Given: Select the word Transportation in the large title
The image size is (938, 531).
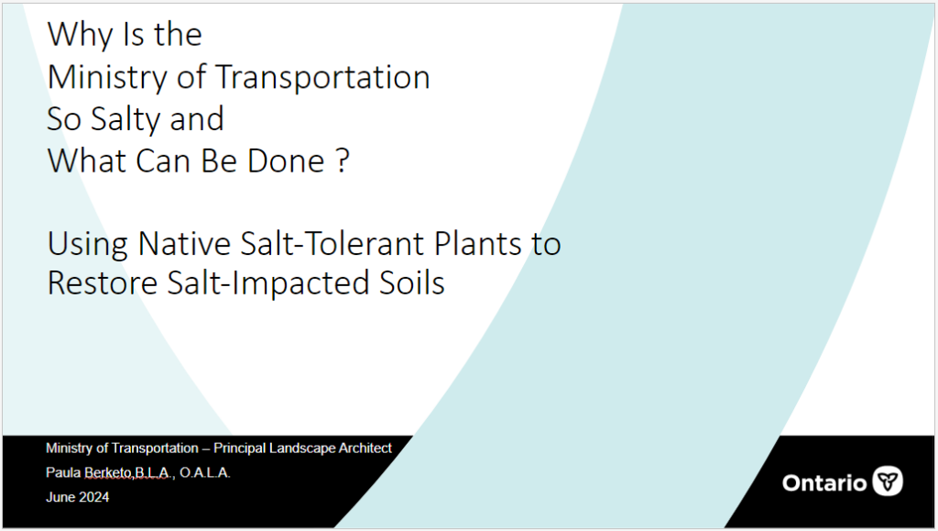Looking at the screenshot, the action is [322, 77].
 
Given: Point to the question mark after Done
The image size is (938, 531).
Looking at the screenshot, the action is [343, 161].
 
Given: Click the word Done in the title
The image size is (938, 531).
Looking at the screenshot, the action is [286, 161].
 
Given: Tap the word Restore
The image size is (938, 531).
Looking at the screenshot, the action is [103, 283].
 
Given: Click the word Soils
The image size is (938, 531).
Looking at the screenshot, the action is [412, 282].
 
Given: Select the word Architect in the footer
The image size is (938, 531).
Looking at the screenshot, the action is [365, 448].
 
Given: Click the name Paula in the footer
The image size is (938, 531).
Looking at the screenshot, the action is [63, 473].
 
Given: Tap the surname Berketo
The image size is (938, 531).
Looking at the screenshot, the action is [108, 473].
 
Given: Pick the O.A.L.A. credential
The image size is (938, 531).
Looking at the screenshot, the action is [204, 473].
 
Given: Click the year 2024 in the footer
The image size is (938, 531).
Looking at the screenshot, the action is [94, 497].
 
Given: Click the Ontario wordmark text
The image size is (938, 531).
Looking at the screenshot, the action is [824, 483].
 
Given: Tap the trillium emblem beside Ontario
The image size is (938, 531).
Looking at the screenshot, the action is [888, 481].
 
